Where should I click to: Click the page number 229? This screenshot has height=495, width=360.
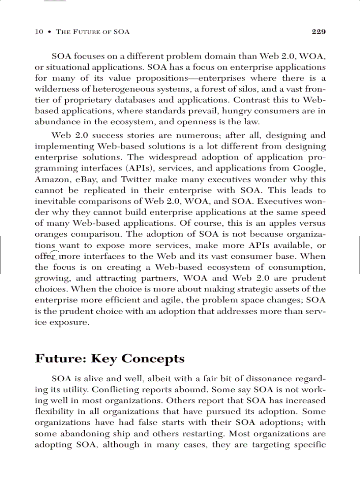pos(318,32)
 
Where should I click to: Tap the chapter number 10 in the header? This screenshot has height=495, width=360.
pos(39,32)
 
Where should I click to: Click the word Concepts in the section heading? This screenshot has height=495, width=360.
pos(153,358)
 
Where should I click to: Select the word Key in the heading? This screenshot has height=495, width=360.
pos(104,358)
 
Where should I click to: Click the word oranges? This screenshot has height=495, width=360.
pos(51,234)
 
